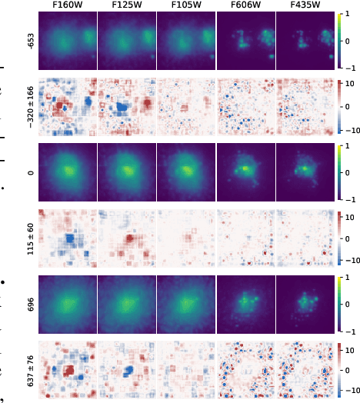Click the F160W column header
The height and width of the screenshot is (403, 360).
(67, 5)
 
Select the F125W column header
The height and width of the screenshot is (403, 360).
(126, 5)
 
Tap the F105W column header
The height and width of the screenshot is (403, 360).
(185, 5)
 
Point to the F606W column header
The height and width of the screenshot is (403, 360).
(245, 5)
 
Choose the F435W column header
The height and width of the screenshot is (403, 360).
(305, 5)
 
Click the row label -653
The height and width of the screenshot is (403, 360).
(31, 41)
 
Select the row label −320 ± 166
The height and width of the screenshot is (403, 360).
(31, 107)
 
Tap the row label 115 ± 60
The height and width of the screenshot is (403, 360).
(31, 238)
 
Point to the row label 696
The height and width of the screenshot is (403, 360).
(31, 305)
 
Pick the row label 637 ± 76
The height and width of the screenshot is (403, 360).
(31, 370)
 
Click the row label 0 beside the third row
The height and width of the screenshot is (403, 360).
(31, 172)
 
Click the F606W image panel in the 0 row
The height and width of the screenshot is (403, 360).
(245, 172)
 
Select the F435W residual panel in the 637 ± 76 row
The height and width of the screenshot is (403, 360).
(305, 370)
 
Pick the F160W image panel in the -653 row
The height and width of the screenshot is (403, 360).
(67, 41)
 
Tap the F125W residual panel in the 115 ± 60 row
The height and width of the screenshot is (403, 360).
(126, 238)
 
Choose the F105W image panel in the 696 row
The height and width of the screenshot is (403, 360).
(185, 305)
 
